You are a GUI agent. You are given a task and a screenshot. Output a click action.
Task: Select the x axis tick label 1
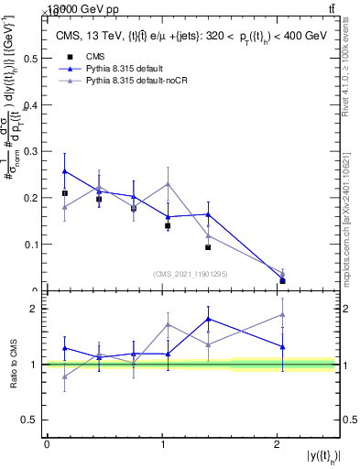(162, 444)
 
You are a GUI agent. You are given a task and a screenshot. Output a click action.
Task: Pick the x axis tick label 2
(278, 444)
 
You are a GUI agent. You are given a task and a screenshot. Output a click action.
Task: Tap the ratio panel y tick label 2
(34, 309)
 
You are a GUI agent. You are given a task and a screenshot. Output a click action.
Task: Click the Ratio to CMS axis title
(12, 365)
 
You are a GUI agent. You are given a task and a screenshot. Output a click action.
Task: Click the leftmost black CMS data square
(64, 193)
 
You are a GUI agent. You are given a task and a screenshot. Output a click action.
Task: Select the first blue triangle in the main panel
(64, 171)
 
